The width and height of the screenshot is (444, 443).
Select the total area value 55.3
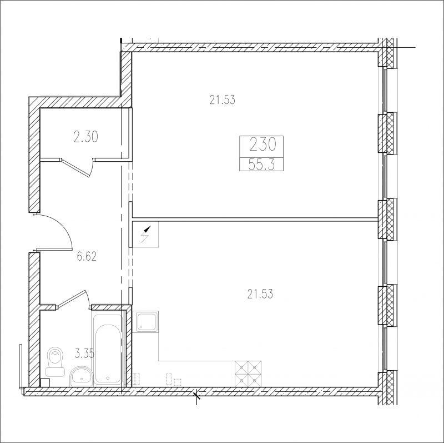(261, 165)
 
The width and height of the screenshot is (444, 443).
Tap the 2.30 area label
(86, 137)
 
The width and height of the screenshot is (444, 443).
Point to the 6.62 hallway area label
(87, 256)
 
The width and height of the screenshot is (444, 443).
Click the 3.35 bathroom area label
(84, 354)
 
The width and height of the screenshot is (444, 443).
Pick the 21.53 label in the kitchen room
(260, 294)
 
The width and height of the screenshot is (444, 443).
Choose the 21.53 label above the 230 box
(223, 100)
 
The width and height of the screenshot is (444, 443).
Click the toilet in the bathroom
(56, 362)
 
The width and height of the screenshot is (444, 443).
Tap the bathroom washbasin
(81, 376)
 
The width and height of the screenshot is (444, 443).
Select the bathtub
(108, 349)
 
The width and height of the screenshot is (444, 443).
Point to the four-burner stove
(248, 374)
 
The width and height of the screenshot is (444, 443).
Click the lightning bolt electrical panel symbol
(145, 234)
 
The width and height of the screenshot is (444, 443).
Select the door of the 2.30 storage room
(75, 168)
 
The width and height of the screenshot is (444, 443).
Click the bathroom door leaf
(72, 298)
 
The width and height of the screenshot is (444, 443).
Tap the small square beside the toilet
(45, 382)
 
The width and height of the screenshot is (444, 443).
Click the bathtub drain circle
(108, 378)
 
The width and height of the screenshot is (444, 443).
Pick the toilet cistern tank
(56, 371)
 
